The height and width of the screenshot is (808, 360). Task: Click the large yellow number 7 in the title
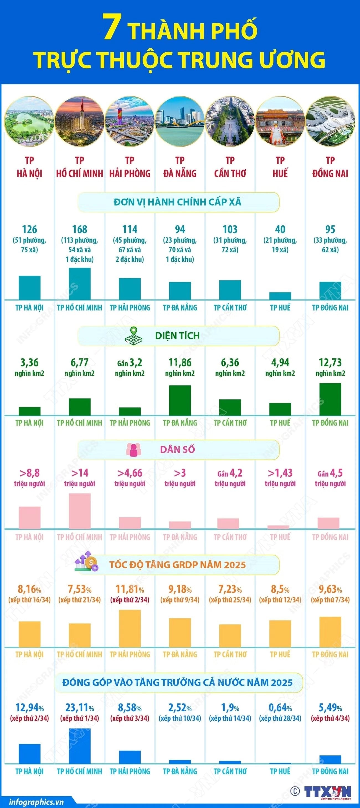(x=112, y=29)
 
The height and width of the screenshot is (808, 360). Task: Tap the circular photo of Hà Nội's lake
(x=29, y=122)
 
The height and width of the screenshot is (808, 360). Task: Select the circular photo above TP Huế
(x=280, y=122)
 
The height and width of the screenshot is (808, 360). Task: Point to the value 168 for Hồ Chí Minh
(x=80, y=229)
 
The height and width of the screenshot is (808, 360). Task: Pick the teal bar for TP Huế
(x=280, y=296)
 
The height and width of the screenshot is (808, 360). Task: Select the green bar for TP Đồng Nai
(x=330, y=399)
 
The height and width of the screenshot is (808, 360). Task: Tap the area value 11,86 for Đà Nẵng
(x=180, y=363)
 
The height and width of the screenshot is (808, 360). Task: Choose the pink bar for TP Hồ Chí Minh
(x=80, y=511)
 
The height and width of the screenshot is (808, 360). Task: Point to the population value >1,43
(x=280, y=473)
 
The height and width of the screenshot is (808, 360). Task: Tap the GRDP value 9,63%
(x=330, y=589)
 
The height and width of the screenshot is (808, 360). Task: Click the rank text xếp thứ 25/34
(x=230, y=600)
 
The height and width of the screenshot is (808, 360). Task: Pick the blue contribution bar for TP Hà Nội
(x=29, y=754)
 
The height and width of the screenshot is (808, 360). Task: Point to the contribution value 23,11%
(x=80, y=707)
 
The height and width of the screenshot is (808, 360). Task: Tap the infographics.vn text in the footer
(x=36, y=802)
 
